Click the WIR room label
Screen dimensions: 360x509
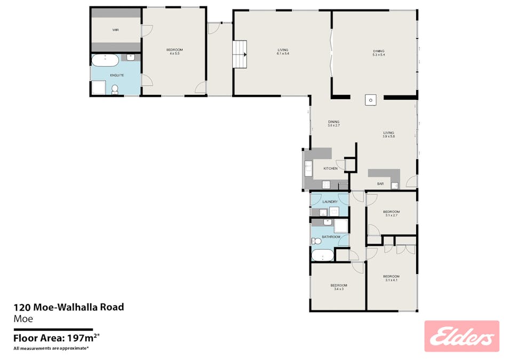tap(115, 30)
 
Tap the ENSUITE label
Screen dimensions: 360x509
tap(117, 75)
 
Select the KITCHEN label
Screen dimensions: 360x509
tap(330, 169)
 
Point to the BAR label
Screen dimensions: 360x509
tap(380, 184)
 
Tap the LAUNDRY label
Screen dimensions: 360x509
tap(330, 202)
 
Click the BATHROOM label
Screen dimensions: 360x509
tap(331, 237)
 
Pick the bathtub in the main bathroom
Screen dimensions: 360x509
tap(323, 256)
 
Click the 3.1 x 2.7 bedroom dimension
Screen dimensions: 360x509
tap(391, 215)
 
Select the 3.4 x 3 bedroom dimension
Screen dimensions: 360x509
tap(338, 289)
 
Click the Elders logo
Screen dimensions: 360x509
tap(462, 337)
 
